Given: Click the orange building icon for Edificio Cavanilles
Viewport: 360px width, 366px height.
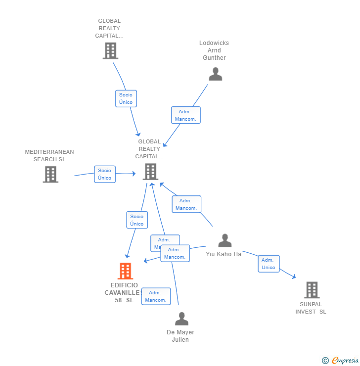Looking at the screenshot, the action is pyautogui.click(x=126, y=271).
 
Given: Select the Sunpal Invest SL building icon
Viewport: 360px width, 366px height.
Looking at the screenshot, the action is pyautogui.click(x=312, y=290).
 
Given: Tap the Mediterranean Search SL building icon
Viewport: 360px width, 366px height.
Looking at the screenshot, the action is pyautogui.click(x=50, y=174).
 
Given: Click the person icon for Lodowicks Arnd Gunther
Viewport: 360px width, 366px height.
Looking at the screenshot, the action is pyautogui.click(x=215, y=74).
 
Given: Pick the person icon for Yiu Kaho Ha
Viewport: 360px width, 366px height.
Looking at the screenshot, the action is pyautogui.click(x=225, y=241).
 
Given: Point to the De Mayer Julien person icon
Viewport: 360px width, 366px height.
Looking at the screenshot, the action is pyautogui.click(x=181, y=319).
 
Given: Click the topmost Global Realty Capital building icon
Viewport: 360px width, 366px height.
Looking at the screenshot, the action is pyautogui.click(x=110, y=50).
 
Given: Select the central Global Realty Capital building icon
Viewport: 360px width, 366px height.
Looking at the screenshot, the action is pyautogui.click(x=150, y=172).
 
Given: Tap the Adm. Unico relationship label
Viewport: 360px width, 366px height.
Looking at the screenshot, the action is pyautogui.click(x=269, y=264).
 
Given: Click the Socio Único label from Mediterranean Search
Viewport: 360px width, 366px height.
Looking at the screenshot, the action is pyautogui.click(x=105, y=174).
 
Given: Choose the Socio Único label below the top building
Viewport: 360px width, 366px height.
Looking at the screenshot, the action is pyautogui.click(x=126, y=98).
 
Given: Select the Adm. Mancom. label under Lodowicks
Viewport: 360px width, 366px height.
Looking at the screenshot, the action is pyautogui.click(x=186, y=115).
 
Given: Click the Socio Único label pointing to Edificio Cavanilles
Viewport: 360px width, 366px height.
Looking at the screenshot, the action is pyautogui.click(x=137, y=220).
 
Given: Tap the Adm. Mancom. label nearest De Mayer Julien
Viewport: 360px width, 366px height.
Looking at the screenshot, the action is pyautogui.click(x=156, y=296).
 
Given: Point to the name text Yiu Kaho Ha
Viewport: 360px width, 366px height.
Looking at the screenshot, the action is pyautogui.click(x=224, y=254).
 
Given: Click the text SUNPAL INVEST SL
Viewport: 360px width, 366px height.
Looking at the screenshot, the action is pyautogui.click(x=311, y=308).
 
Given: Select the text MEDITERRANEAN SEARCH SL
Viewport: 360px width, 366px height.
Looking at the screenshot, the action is pyautogui.click(x=49, y=155).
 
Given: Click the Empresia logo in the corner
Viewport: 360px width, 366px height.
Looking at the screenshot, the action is pyautogui.click(x=340, y=361).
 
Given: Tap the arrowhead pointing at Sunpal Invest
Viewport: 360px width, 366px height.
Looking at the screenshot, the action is pyautogui.click(x=294, y=277).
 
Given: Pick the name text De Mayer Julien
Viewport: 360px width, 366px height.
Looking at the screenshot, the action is pyautogui.click(x=180, y=336).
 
